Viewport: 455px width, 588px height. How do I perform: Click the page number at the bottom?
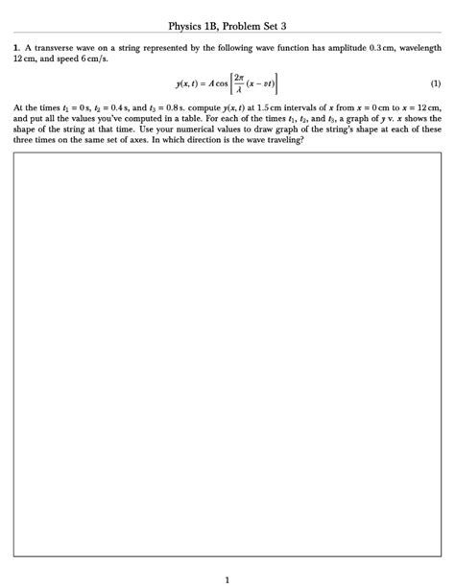(x=227, y=577)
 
